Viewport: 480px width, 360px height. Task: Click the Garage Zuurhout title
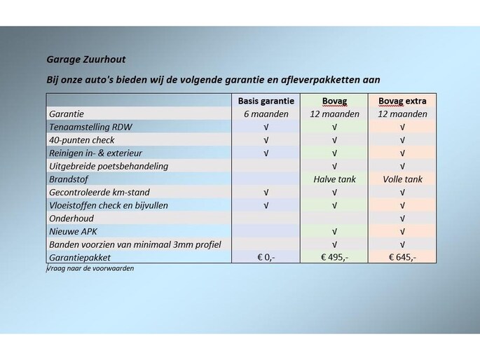(86, 60)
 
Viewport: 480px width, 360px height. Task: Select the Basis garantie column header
(266, 101)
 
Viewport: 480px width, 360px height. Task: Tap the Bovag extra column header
(402, 101)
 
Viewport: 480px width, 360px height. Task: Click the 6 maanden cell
(266, 114)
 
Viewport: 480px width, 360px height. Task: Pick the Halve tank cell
(334, 179)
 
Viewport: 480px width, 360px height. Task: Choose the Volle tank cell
(402, 179)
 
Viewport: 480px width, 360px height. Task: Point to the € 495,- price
(334, 257)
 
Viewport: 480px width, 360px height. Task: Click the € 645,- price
(402, 257)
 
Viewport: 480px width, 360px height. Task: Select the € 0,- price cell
(266, 257)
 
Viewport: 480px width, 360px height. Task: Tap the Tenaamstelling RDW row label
(90, 127)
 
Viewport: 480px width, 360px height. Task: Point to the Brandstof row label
(69, 179)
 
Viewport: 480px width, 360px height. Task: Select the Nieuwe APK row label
(74, 231)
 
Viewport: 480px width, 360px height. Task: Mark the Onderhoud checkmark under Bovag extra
(402, 219)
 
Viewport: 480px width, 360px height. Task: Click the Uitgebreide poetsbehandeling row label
(109, 166)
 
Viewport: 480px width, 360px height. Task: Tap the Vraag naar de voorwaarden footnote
(90, 268)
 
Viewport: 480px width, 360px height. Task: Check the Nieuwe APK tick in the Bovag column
(334, 231)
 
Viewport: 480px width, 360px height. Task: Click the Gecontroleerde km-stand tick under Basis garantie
(266, 192)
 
